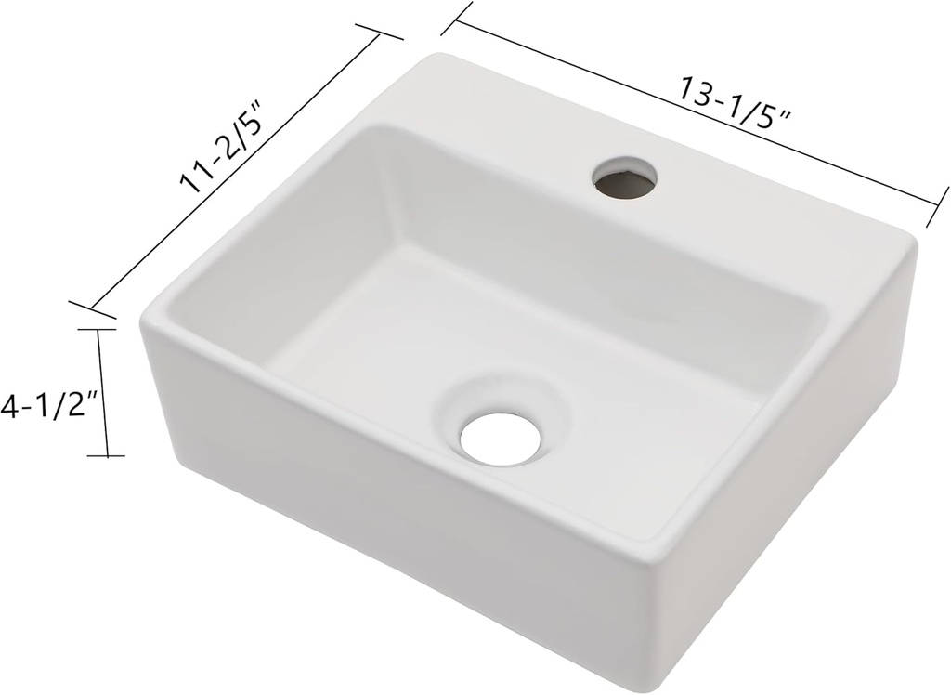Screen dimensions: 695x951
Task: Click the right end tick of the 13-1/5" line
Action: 937,205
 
